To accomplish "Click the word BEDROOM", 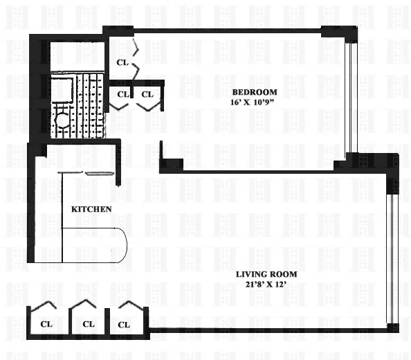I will [254, 92].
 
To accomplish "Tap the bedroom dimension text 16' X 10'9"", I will [254, 103].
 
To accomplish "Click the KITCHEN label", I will [92, 209].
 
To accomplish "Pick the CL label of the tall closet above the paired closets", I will [122, 62].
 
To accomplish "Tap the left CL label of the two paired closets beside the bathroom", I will [122, 94].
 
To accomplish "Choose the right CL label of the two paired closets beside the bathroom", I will [147, 94].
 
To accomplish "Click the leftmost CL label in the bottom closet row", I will [46, 324].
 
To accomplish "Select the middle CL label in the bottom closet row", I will [88, 324].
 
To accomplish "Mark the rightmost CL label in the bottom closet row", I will [125, 324].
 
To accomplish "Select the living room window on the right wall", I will [392, 256].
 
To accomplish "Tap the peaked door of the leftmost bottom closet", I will [46, 306].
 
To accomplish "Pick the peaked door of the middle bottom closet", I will [86, 306].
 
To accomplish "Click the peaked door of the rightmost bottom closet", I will [127, 306].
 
